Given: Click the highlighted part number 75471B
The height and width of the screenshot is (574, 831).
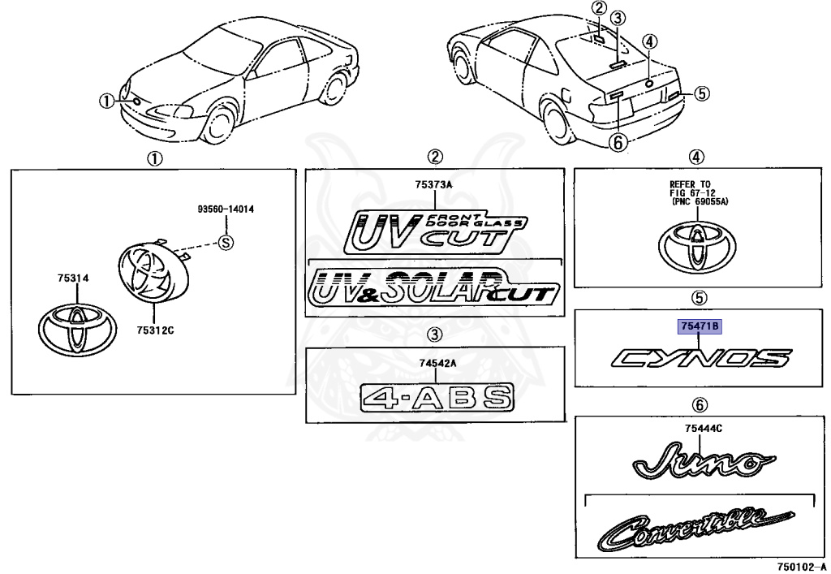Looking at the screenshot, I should coord(699,326).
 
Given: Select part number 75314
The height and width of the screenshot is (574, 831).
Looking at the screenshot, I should coord(72,278).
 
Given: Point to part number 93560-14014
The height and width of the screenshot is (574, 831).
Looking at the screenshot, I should coord(226,209).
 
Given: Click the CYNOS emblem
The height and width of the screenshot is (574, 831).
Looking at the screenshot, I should coord(699,358).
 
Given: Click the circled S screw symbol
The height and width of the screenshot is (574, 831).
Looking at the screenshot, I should coord(226,241).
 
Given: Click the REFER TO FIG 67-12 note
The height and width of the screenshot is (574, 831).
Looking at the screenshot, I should coord(698,193).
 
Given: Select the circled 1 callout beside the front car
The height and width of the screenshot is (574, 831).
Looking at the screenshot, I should coord(106,101).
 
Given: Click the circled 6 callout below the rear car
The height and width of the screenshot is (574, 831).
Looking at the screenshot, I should coord(618,143).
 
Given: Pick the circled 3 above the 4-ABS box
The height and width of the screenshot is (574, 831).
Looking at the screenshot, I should coord(435,334).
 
